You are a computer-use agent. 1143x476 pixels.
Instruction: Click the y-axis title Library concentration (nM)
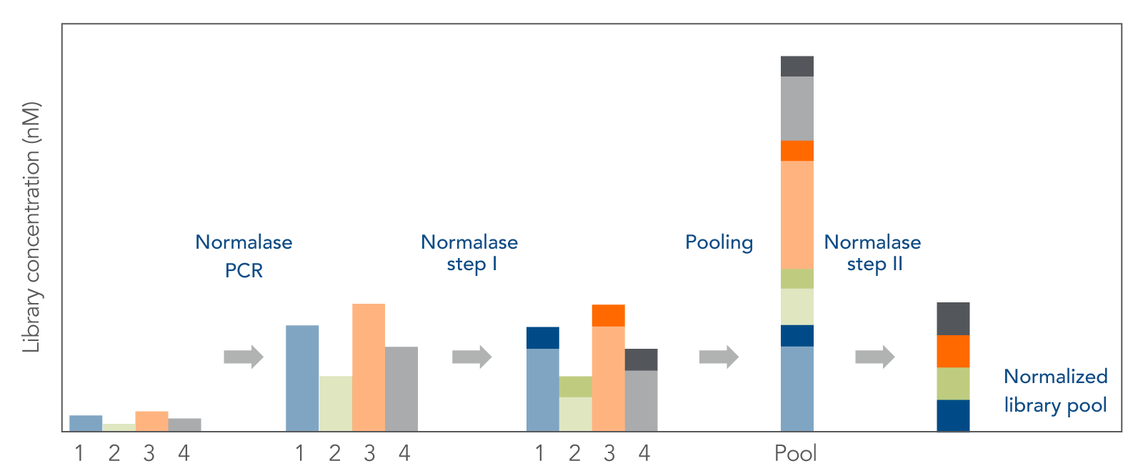(31, 227)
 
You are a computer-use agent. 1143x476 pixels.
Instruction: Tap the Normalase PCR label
(244, 256)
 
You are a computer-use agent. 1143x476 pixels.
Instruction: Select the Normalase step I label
(469, 253)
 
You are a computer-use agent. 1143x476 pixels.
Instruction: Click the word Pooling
(719, 242)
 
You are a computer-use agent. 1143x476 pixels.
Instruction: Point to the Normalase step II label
(872, 253)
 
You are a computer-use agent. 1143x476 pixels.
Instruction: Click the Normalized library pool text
(1055, 391)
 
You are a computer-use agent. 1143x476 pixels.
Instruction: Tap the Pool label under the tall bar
(796, 453)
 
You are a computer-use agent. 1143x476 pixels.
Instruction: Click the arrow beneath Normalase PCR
(244, 357)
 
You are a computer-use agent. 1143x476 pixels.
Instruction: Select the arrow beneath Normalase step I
(472, 357)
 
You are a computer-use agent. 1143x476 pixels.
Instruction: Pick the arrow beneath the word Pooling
(719, 357)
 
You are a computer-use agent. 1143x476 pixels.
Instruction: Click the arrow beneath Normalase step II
(875, 357)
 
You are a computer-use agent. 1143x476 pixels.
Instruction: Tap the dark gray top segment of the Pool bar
(797, 66)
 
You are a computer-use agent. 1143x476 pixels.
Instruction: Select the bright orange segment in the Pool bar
(797, 151)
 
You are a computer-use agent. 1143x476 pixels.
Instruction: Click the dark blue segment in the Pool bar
(797, 335)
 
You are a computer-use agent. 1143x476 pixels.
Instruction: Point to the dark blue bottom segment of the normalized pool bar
(953, 415)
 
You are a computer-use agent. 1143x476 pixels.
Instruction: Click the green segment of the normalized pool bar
(953, 384)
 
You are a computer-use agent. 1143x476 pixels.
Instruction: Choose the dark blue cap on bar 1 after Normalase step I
(543, 337)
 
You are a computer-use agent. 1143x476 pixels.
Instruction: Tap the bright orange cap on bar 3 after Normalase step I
(608, 316)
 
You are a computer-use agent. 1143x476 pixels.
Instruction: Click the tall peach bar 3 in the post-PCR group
(369, 367)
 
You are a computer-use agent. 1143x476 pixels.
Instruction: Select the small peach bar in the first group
(151, 421)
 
